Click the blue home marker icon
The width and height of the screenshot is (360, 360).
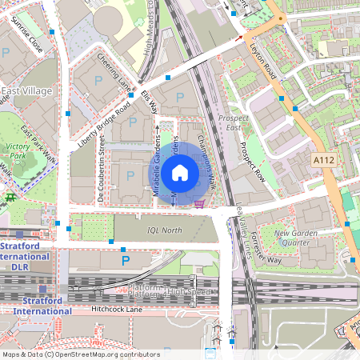180,172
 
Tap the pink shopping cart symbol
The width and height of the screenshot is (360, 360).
199,202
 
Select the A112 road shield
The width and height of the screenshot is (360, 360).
323,160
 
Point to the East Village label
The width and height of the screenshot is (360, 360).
26,91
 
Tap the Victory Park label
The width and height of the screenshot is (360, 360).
18,151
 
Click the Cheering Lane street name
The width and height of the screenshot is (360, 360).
114,72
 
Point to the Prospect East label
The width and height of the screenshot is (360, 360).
234,122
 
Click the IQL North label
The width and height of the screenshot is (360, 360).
165,230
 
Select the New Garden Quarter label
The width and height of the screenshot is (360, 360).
297,238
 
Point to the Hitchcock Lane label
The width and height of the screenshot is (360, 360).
116,308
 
